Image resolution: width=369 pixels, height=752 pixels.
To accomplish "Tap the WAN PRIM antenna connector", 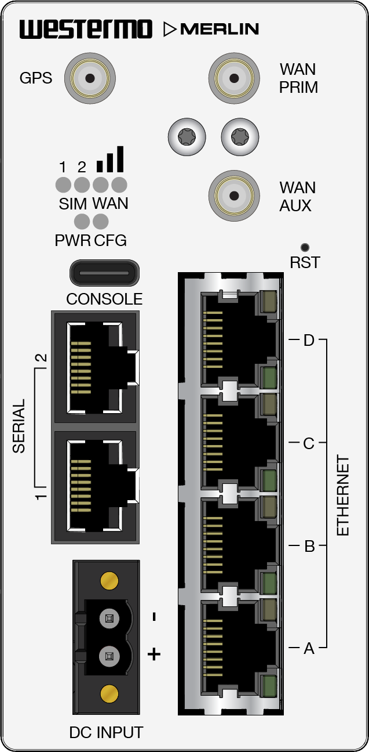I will tap(234, 78).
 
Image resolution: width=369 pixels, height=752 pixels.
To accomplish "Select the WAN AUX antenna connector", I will tap(234, 196).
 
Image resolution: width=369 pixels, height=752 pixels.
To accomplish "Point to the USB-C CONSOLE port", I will tap(104, 273).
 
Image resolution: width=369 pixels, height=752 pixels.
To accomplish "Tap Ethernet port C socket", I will tap(232, 442).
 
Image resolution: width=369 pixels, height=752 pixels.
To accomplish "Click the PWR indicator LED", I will tap(82, 221).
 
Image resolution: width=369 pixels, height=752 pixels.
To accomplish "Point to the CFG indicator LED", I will tap(101, 221).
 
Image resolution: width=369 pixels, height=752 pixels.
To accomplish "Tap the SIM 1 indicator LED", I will tap(63, 185).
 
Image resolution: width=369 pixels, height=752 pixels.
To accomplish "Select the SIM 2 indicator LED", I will tap(82, 185).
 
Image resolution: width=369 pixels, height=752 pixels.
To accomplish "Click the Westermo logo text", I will tap(86, 29).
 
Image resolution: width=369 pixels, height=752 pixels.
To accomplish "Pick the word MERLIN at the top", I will tap(220, 30).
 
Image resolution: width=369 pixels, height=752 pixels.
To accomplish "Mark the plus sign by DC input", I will tap(154, 655).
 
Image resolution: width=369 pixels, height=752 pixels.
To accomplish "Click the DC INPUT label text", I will tap(106, 733).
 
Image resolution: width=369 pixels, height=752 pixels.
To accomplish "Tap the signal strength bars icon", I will tap(110, 160).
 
